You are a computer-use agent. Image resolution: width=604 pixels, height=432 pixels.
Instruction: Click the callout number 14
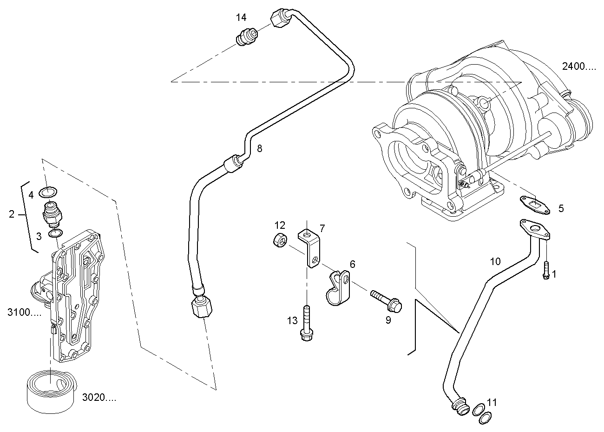241,18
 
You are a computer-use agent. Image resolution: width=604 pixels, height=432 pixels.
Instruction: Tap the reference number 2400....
578,66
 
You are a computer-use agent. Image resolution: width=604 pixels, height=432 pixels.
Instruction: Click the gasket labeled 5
534,205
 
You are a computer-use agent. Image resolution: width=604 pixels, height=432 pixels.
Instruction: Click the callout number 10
495,261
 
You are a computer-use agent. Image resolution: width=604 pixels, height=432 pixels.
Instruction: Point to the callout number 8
259,148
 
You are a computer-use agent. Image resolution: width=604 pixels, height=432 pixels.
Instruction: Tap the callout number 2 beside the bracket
12,214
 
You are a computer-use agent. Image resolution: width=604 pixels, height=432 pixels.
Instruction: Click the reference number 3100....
24,312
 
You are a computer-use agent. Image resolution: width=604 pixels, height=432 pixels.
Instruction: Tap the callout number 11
492,402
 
